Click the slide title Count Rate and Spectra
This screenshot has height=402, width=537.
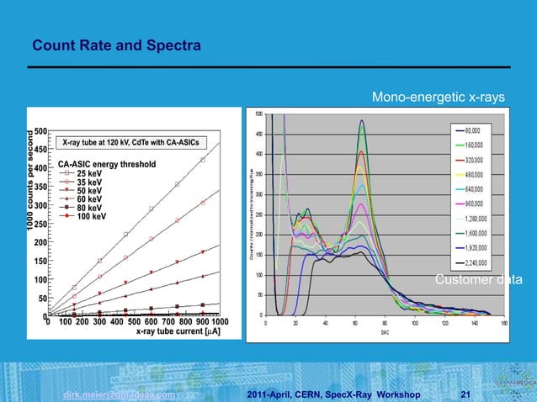(x=115, y=45)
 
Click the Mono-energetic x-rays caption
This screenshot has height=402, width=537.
(x=439, y=99)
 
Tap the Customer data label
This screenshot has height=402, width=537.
(x=476, y=279)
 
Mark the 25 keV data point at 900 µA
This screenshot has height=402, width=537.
(x=203, y=160)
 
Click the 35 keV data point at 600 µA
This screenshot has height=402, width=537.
(x=152, y=239)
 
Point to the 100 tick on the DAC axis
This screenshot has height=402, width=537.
(x=415, y=322)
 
